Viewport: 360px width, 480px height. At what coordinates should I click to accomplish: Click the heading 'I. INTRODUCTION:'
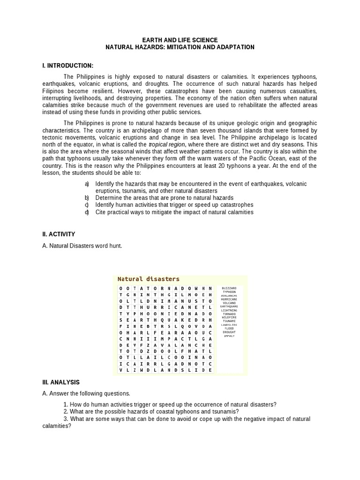(67, 65)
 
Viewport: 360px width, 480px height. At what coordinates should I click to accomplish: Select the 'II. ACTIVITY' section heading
(59, 234)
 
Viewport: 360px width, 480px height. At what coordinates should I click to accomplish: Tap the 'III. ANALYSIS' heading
(61, 382)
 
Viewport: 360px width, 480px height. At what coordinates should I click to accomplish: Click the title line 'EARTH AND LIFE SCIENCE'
(180, 40)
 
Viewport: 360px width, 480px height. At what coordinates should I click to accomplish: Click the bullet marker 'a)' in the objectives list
(87, 184)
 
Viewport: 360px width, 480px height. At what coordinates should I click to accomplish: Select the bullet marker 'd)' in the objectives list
(87, 212)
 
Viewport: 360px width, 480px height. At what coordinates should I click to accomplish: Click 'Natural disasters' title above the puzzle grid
(148, 279)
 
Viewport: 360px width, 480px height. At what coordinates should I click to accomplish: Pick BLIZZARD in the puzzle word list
(229, 288)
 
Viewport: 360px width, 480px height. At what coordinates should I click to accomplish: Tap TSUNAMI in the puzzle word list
(229, 321)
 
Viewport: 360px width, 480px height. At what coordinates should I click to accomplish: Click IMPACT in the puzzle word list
(229, 336)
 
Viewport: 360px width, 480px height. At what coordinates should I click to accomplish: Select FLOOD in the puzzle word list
(229, 329)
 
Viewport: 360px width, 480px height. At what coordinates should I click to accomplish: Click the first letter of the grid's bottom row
(121, 370)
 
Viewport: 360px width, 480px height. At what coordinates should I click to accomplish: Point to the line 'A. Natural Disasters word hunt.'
(82, 246)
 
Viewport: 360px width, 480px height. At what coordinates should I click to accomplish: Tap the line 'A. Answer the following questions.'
(86, 393)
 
